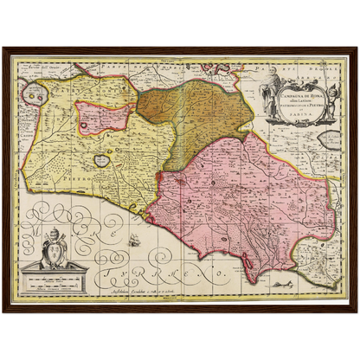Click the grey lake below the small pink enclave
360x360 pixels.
point(102,160)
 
